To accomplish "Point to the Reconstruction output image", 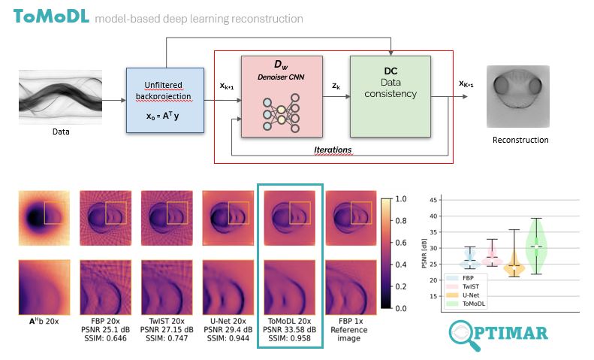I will [x=520, y=95].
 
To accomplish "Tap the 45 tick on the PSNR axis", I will [x=433, y=200].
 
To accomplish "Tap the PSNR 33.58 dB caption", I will [x=289, y=328].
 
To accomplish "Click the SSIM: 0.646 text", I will [x=95, y=339].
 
